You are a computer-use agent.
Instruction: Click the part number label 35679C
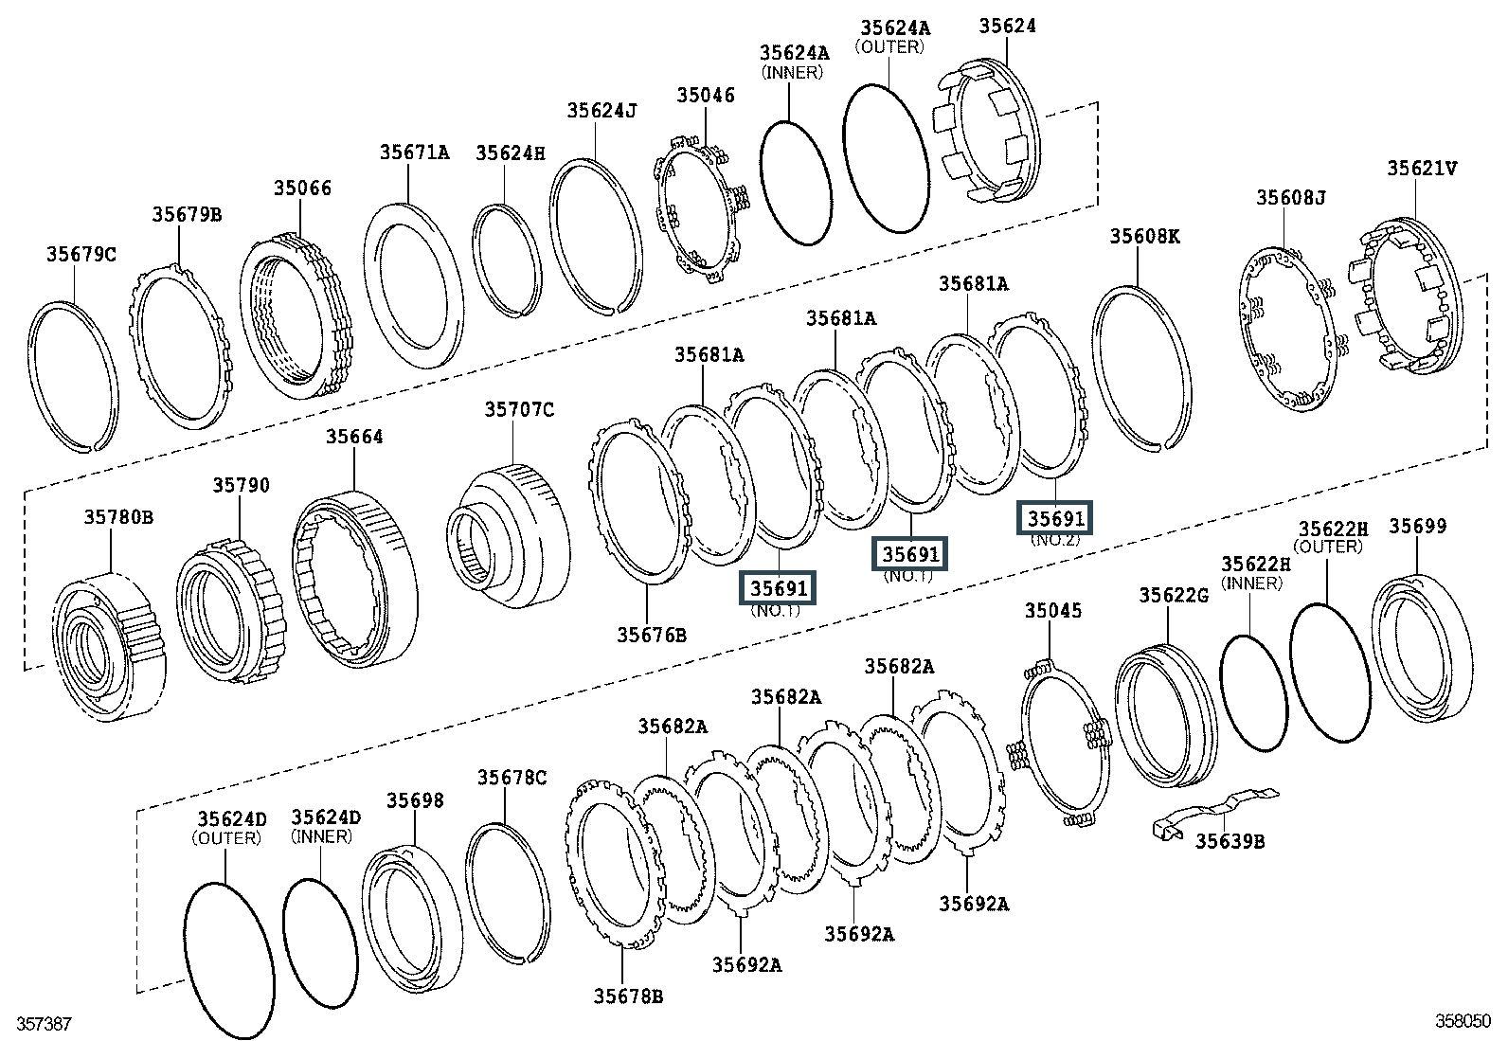pos(81,255)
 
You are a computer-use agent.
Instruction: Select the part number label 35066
pos(302,188)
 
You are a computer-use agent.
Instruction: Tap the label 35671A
pos(414,153)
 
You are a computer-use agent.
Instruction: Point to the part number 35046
pos(706,96)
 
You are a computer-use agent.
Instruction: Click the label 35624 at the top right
pos(1007,27)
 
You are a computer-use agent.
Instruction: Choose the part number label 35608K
pos(1144,237)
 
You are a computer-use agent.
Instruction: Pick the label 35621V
pos(1422,169)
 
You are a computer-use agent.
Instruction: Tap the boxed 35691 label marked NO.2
pos(1055,518)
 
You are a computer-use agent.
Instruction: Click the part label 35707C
pos(519,409)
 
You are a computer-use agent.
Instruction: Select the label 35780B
pos(118,517)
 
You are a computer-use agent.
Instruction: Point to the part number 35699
pos(1418,526)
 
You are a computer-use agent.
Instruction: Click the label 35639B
pos(1230,842)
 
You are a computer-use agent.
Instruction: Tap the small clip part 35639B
pos(1216,814)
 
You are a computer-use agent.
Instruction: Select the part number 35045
pos(1053,611)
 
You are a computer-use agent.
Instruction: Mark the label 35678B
pos(628,996)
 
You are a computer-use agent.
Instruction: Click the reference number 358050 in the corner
pos(1463,1021)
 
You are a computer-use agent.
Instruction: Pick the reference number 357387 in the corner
pos(45,1024)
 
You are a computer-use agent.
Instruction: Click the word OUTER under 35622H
pos(1328,547)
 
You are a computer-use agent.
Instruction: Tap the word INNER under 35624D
pos(321,836)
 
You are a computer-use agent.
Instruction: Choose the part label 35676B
pos(652,635)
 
